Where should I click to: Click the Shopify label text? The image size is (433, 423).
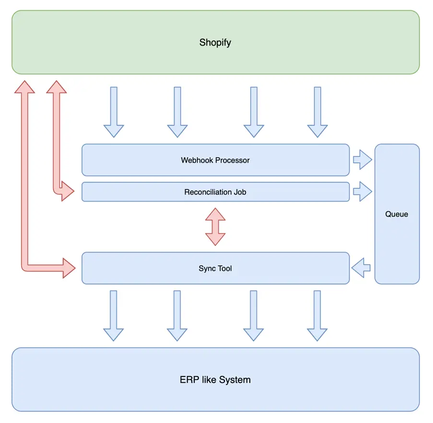(x=215, y=43)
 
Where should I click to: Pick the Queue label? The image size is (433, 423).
(x=397, y=214)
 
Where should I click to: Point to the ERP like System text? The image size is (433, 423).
(x=215, y=380)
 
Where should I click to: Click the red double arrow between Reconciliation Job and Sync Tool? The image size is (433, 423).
(x=215, y=227)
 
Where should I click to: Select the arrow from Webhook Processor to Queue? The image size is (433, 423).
(x=363, y=160)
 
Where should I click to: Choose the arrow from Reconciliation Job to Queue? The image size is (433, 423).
(x=363, y=192)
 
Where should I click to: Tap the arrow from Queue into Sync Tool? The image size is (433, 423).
(x=361, y=268)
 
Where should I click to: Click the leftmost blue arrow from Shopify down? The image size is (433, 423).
(x=114, y=112)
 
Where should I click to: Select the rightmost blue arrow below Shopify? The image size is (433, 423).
(x=317, y=112)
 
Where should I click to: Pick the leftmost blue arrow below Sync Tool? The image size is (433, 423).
(x=114, y=316)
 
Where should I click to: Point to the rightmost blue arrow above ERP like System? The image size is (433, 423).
(x=317, y=316)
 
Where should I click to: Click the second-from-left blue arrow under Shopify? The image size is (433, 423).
(x=177, y=112)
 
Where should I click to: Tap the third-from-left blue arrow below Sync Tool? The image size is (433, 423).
(x=254, y=316)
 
